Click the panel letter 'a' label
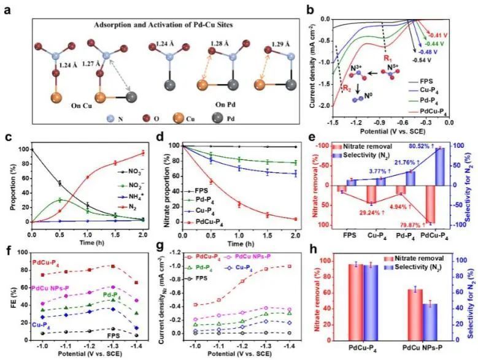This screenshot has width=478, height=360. click(x=8, y=10)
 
